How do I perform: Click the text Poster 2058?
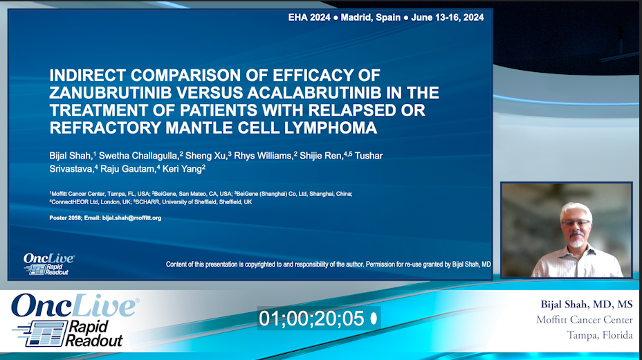click(x=66, y=218)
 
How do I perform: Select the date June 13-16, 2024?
click(x=447, y=17)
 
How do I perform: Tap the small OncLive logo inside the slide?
click(x=48, y=264)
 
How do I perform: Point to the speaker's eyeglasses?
click(x=575, y=223)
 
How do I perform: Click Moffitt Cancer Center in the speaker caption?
click(x=584, y=320)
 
